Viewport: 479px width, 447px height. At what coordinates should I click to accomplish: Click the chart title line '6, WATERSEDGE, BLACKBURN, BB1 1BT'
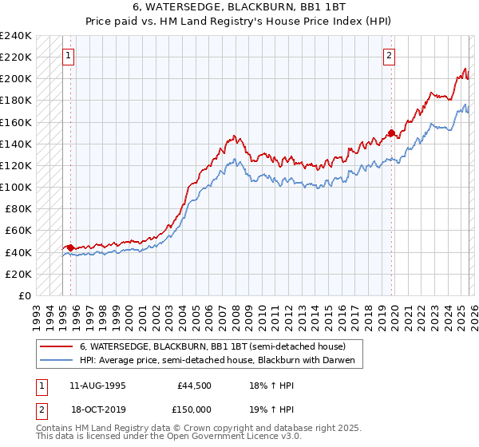[x=239, y=6]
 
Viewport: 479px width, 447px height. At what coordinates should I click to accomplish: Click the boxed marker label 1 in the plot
[x=69, y=56]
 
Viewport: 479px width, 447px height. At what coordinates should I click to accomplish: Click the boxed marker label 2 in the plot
[x=389, y=56]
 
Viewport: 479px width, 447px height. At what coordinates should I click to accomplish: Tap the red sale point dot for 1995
[x=70, y=247]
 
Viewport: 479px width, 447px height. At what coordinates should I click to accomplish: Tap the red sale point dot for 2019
[x=391, y=133]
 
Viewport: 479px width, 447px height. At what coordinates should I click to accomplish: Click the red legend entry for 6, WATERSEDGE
[x=212, y=347]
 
